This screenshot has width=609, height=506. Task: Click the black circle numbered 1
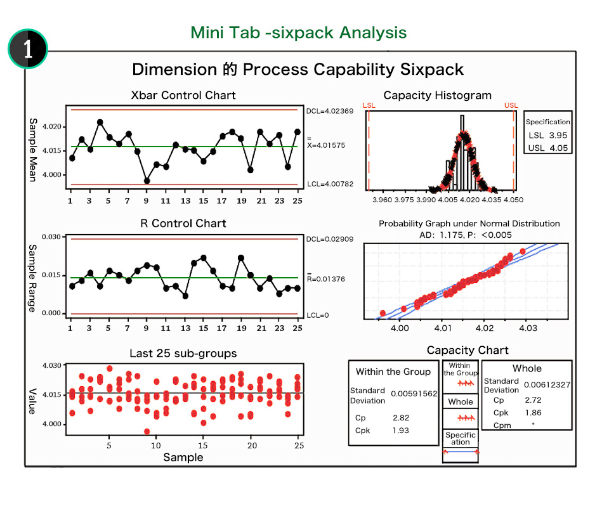[28, 49]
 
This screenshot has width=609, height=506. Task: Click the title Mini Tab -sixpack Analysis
[299, 32]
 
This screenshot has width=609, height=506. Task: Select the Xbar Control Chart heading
[183, 95]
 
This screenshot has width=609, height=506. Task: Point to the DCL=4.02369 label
[329, 110]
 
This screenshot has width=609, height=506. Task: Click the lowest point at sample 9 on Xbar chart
[147, 181]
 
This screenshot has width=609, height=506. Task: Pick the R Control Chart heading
[183, 223]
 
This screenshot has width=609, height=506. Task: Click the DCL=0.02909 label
[329, 239]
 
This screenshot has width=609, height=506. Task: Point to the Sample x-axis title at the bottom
[183, 457]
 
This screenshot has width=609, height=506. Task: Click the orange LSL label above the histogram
[369, 105]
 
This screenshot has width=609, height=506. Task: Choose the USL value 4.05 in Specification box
[558, 148]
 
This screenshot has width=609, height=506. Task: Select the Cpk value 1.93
[401, 431]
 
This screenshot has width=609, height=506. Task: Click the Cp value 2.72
[533, 401]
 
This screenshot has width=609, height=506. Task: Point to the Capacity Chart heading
[468, 350]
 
